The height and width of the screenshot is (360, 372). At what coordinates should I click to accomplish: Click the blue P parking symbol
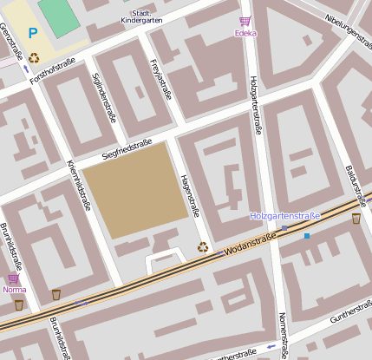33,34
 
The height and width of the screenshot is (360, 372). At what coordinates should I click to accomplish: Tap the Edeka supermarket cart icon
245,22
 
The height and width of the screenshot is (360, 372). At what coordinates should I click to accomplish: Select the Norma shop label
14,290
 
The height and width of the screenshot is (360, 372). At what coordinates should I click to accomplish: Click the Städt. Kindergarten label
140,15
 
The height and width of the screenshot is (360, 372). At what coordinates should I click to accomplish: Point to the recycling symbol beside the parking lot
34,58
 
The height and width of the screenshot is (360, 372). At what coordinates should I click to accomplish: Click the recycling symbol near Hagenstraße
203,246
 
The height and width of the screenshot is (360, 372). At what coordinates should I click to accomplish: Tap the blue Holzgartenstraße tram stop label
284,215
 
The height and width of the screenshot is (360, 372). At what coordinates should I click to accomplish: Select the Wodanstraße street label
250,244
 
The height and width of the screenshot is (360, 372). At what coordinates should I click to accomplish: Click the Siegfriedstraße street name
127,148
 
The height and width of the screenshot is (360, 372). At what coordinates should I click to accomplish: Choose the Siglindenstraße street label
103,97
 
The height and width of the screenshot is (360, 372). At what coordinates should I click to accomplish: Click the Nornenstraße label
282,334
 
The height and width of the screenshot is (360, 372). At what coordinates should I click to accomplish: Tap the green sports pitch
59,16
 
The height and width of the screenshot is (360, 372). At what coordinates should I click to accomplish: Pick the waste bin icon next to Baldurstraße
356,219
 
